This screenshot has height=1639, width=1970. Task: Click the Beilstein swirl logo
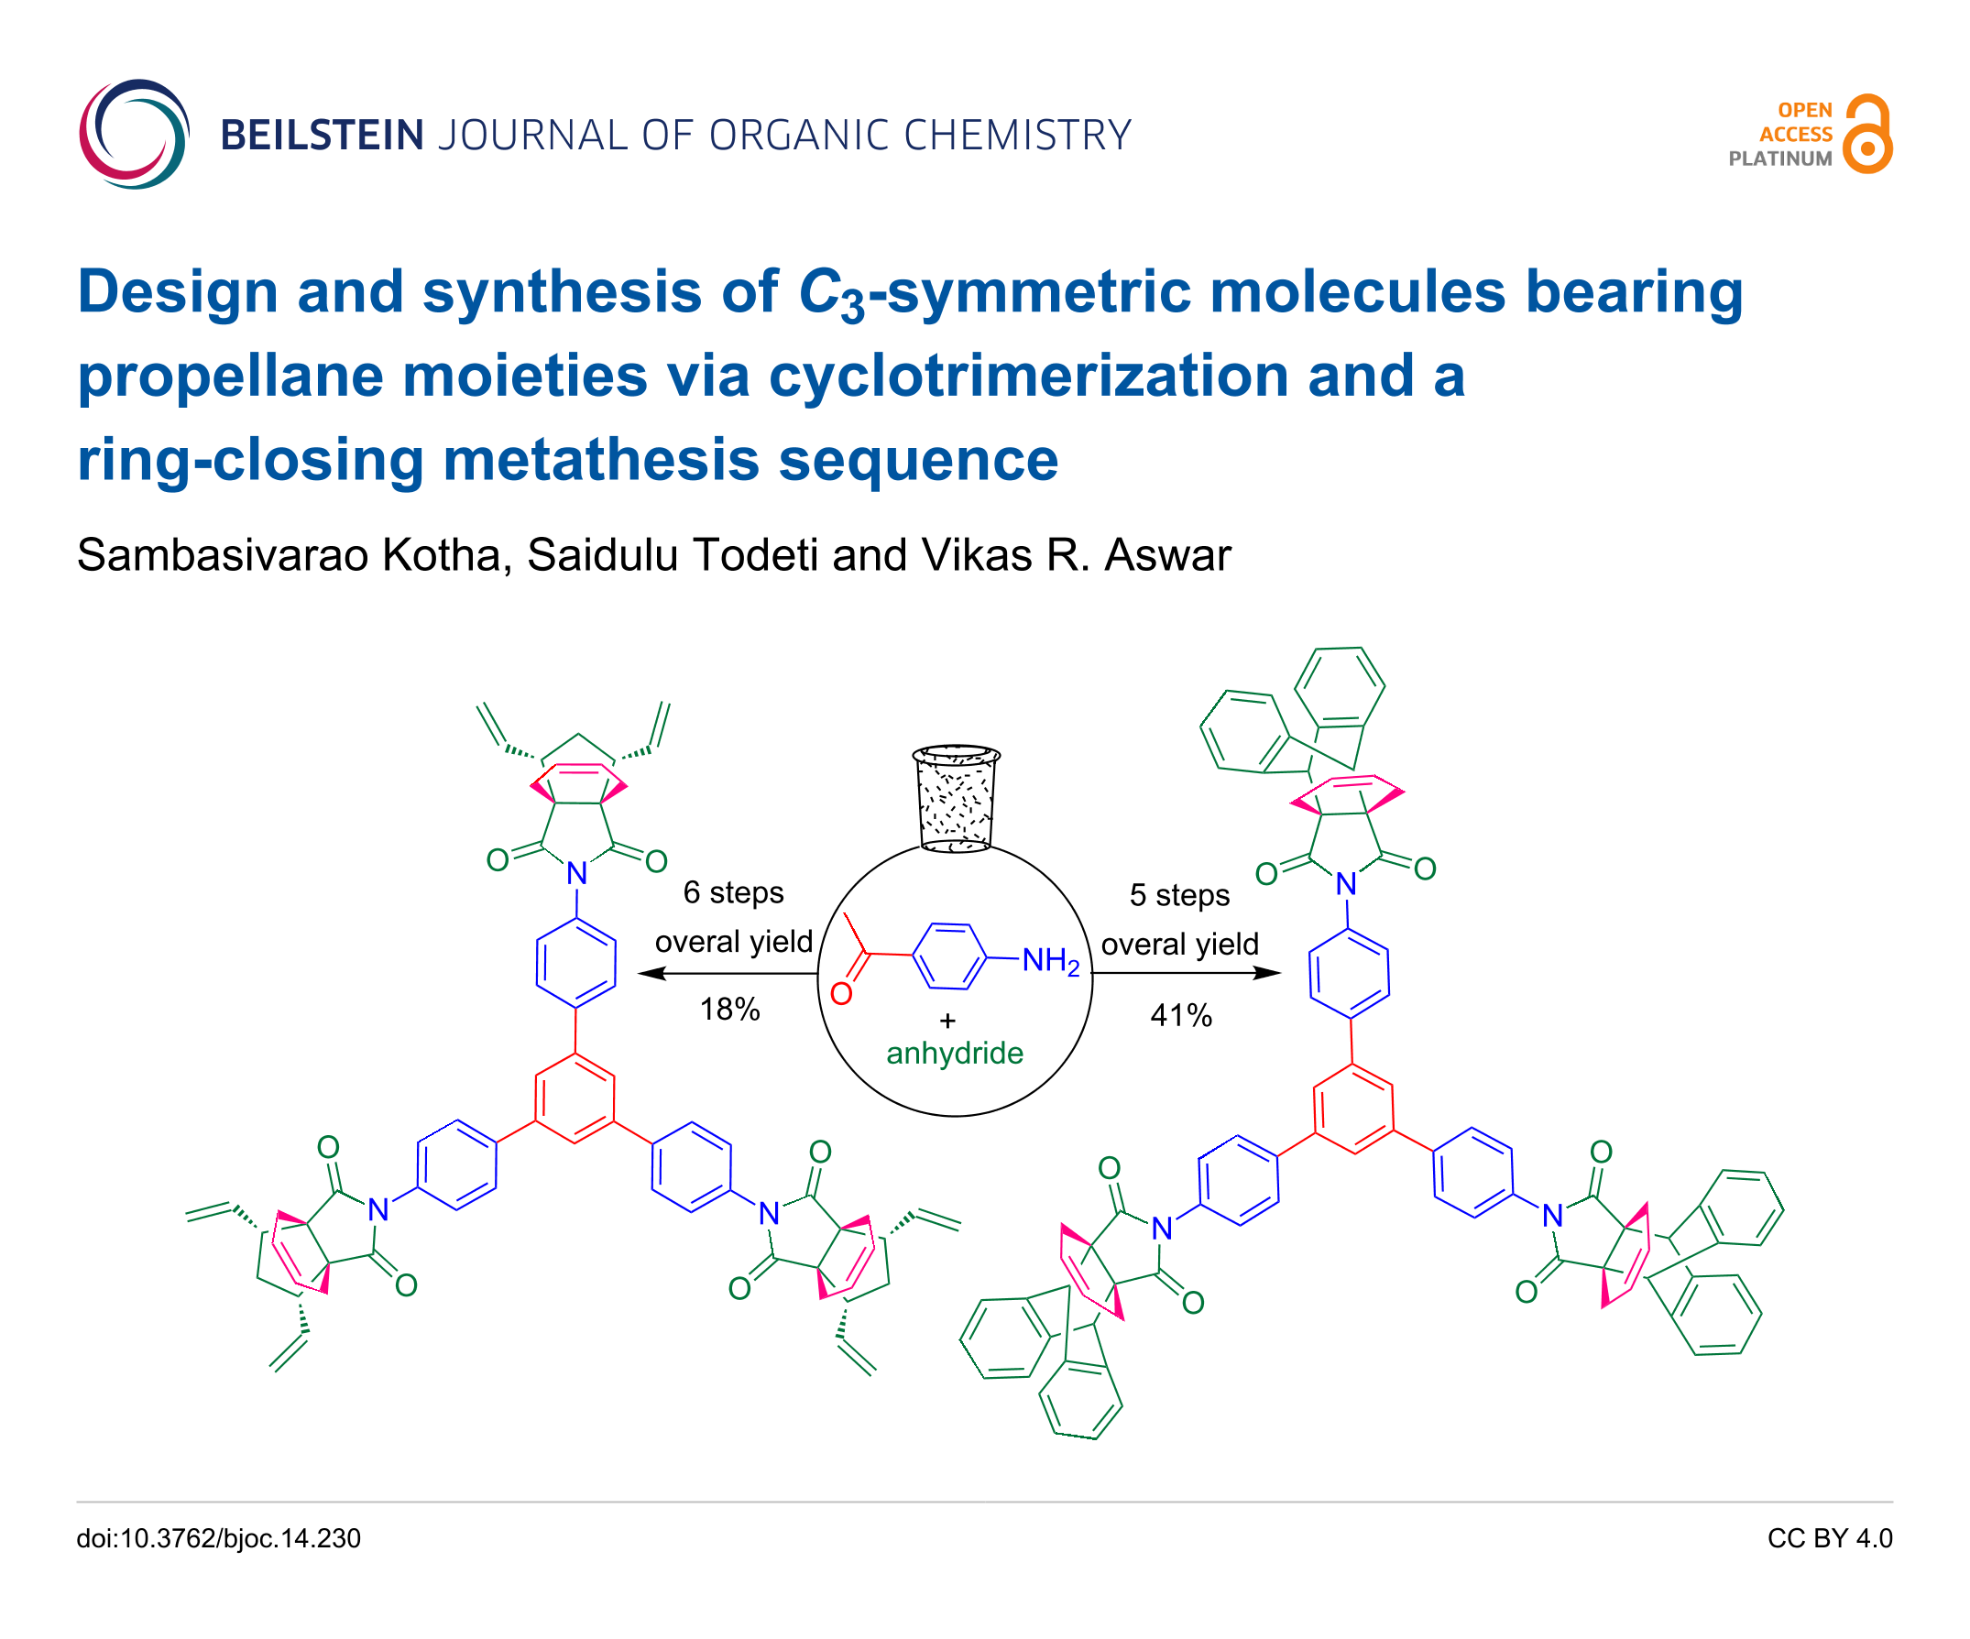click(x=134, y=134)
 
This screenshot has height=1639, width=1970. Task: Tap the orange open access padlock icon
click(x=1866, y=134)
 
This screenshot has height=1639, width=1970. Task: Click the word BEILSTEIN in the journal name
click(x=322, y=135)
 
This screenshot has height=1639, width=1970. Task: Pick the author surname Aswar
click(x=1167, y=554)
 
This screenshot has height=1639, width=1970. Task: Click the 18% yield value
click(x=729, y=1010)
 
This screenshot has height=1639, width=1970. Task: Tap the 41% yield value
click(x=1181, y=1015)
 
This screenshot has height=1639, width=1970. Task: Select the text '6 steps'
click(x=733, y=892)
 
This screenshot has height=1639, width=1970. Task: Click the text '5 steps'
click(x=1179, y=895)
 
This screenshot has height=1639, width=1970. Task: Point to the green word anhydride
click(x=955, y=1053)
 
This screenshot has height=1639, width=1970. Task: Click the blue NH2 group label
click(x=1051, y=961)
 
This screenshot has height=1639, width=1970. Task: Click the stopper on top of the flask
click(x=956, y=798)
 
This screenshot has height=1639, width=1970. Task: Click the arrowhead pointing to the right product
click(x=1268, y=973)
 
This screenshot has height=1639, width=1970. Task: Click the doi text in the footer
click(x=219, y=1538)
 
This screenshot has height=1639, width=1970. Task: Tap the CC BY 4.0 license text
click(x=1829, y=1538)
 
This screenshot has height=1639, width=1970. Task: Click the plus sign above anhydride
click(x=947, y=1021)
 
